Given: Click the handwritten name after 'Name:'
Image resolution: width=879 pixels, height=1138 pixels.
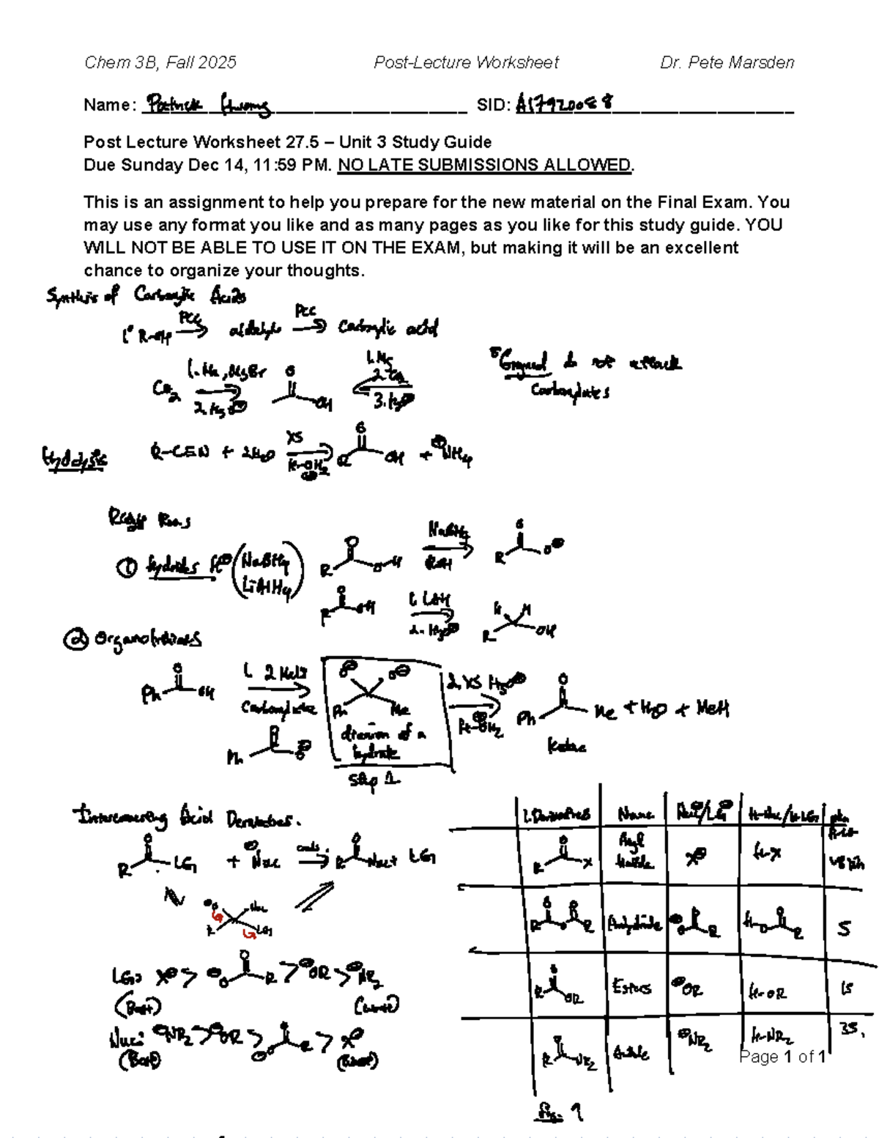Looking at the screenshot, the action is [x=208, y=106].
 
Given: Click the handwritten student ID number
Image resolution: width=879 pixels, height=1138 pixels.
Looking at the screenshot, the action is [x=564, y=104].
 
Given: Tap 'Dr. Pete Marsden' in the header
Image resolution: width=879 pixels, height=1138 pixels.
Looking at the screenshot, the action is [x=727, y=62].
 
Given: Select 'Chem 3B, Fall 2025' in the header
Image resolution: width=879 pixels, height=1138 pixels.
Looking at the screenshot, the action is [x=160, y=62].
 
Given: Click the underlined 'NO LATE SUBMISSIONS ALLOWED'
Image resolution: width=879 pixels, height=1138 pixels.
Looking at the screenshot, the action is [x=484, y=165].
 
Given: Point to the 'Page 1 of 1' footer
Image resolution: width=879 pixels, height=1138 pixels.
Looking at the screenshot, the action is [x=782, y=1056].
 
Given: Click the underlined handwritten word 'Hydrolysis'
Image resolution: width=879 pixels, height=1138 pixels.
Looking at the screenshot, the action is [x=74, y=459].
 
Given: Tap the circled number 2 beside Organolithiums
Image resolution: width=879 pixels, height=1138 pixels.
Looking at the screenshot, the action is [x=74, y=640].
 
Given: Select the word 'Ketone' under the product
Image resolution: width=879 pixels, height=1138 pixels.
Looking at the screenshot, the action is [x=567, y=747].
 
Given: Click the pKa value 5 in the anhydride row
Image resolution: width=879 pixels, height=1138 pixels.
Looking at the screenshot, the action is [x=845, y=928].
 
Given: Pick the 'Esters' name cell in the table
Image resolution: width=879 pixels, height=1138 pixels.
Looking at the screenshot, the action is [x=631, y=987].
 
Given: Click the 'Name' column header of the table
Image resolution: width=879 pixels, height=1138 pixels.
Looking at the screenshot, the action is [x=634, y=814].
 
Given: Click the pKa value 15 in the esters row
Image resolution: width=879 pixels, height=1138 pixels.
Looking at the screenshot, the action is [x=846, y=989].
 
